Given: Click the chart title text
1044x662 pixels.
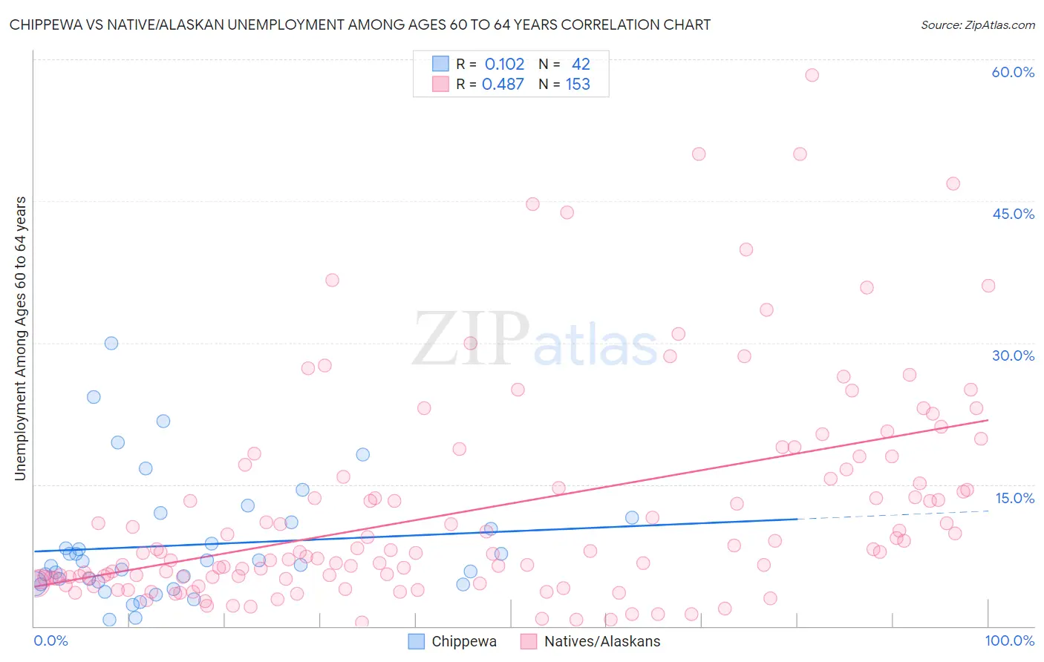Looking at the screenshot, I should [360, 25].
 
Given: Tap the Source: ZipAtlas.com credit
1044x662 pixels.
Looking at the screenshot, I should [977, 25].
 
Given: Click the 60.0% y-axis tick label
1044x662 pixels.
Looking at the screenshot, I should [1013, 72].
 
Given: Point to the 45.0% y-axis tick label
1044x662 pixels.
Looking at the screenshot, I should [1013, 214].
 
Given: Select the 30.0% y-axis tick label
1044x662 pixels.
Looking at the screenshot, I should [1013, 355].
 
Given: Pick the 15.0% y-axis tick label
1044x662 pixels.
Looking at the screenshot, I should [1014, 498].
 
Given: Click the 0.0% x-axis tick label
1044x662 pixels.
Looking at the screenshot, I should [50, 640].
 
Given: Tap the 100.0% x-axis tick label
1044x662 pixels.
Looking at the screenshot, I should [1009, 640].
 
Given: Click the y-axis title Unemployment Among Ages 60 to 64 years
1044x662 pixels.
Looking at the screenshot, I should [21, 338].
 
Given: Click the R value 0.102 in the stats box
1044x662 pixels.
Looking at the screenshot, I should [504, 65].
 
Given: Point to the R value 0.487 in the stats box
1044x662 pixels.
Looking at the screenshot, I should [503, 85].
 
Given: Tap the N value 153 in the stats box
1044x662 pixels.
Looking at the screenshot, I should [578, 85].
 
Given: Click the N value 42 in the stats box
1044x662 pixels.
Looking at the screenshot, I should [581, 65].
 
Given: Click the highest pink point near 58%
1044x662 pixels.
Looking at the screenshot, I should [812, 75].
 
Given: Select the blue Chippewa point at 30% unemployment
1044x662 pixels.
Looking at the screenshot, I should [111, 343].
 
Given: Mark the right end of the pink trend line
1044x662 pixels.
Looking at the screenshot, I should [988, 420].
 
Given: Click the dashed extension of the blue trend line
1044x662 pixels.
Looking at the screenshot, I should [891, 515].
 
